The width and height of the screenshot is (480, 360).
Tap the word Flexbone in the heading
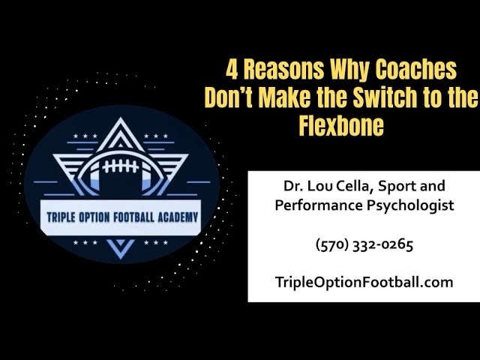tap(341, 124)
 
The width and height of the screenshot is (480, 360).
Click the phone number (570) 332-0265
tap(364, 244)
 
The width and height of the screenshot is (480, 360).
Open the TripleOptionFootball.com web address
tap(364, 282)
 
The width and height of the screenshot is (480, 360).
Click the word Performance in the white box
tap(316, 205)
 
